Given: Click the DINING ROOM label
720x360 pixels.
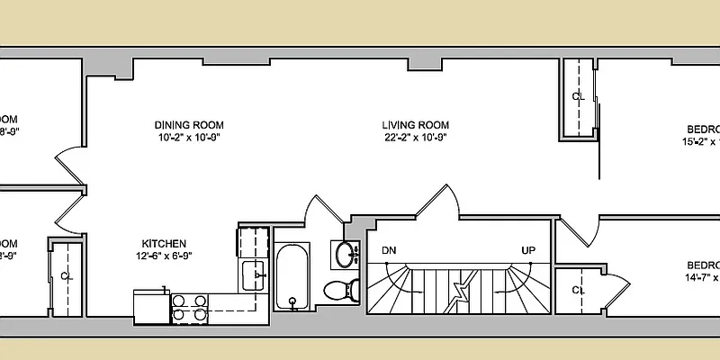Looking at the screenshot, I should tap(188, 125).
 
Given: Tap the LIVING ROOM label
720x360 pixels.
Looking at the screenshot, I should tap(415, 125).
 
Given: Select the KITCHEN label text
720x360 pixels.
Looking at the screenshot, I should tap(164, 243).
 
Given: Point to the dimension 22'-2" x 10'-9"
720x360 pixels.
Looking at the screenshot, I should tap(415, 138).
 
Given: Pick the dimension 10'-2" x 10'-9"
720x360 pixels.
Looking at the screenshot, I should tap(188, 138).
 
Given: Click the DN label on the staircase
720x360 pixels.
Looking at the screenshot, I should tap(389, 250).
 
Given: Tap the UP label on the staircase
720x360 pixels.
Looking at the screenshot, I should tap(529, 250).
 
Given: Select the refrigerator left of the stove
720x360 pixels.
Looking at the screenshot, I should tap(151, 305).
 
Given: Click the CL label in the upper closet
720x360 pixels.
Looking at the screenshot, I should tap(579, 95).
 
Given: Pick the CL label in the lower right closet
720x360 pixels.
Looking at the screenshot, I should tap(580, 290).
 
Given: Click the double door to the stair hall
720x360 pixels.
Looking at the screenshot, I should tap(436, 202).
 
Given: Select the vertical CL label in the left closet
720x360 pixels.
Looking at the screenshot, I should tap(65, 275).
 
